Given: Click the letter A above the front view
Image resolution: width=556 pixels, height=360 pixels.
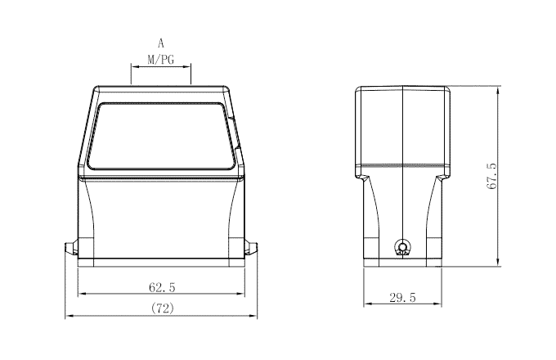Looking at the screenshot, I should pyautogui.click(x=161, y=42).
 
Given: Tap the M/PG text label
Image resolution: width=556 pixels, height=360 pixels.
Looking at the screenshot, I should pyautogui.click(x=160, y=59).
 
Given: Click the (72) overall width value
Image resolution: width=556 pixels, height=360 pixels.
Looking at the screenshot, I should pyautogui.click(x=162, y=308).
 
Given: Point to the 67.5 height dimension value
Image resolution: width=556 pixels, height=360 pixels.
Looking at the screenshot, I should pyautogui.click(x=491, y=176).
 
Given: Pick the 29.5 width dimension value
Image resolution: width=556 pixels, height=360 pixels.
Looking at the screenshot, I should pyautogui.click(x=402, y=299).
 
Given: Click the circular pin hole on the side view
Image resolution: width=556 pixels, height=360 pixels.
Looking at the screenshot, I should pyautogui.click(x=401, y=246).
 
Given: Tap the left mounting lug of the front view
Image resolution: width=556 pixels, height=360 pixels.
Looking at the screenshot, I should pyautogui.click(x=71, y=248).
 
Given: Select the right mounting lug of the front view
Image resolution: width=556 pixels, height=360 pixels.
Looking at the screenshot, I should pyautogui.click(x=253, y=248).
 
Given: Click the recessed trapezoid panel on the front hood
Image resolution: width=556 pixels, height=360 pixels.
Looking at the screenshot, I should pyautogui.click(x=161, y=137).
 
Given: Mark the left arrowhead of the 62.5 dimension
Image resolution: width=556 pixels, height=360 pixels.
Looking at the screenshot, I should pyautogui.click(x=80, y=295).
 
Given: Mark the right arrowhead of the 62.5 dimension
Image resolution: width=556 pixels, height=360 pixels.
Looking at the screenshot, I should pyautogui.click(x=243, y=295).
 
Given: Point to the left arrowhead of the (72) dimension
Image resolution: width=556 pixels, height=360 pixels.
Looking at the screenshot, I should pyautogui.click(x=69, y=317).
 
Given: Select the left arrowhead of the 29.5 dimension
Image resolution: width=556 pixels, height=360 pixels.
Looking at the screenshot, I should pyautogui.click(x=366, y=305).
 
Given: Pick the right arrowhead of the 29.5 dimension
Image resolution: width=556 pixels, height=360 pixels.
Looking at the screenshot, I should pyautogui.click(x=438, y=305).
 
